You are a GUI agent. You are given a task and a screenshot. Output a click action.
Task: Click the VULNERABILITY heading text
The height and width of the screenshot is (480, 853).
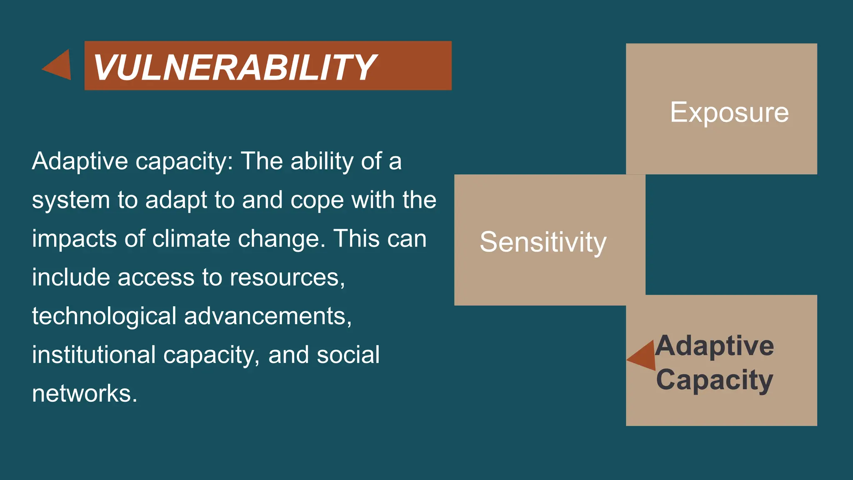(234, 67)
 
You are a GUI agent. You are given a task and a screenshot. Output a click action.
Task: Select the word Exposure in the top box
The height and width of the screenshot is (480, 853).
(729, 112)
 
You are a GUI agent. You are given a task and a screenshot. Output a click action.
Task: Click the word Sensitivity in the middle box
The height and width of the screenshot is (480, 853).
(543, 242)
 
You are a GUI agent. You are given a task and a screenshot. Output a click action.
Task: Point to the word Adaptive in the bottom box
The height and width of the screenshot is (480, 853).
(715, 346)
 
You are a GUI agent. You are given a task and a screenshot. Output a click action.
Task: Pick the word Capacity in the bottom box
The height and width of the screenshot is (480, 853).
(715, 380)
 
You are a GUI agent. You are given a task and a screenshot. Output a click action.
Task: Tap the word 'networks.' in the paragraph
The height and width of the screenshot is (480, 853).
(85, 393)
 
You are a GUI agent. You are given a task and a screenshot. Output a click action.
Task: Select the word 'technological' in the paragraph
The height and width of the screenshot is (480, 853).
(104, 316)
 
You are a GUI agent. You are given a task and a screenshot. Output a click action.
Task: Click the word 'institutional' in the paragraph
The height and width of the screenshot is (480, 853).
(94, 355)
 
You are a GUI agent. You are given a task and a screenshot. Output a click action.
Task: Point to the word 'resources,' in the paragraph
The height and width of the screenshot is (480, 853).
(287, 277)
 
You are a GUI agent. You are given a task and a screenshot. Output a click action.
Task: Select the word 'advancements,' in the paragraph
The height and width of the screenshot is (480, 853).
(268, 316)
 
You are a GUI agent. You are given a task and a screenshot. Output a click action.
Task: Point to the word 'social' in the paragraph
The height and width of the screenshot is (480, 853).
(348, 355)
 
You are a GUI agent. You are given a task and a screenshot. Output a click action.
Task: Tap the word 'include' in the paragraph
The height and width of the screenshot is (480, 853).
(71, 277)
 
